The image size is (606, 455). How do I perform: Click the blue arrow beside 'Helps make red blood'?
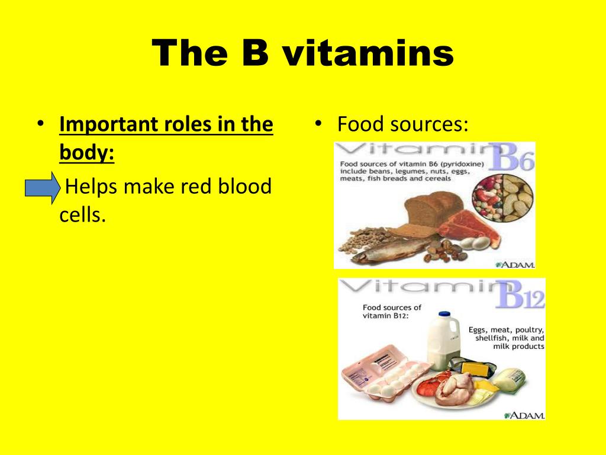pos(43,188)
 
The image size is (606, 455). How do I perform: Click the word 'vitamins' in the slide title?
pos(368,53)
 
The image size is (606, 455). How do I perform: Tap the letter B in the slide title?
pos(255,53)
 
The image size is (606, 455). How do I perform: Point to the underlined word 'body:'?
pos(86,152)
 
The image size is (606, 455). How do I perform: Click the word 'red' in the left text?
pos(196,187)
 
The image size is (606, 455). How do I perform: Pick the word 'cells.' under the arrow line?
pos(82,214)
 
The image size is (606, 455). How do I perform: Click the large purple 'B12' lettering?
pos(520,294)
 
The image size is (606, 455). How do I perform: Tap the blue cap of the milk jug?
pos(444,314)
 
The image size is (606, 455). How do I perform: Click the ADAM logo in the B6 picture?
pos(515,265)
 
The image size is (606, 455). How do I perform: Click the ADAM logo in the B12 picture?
pos(524,415)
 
